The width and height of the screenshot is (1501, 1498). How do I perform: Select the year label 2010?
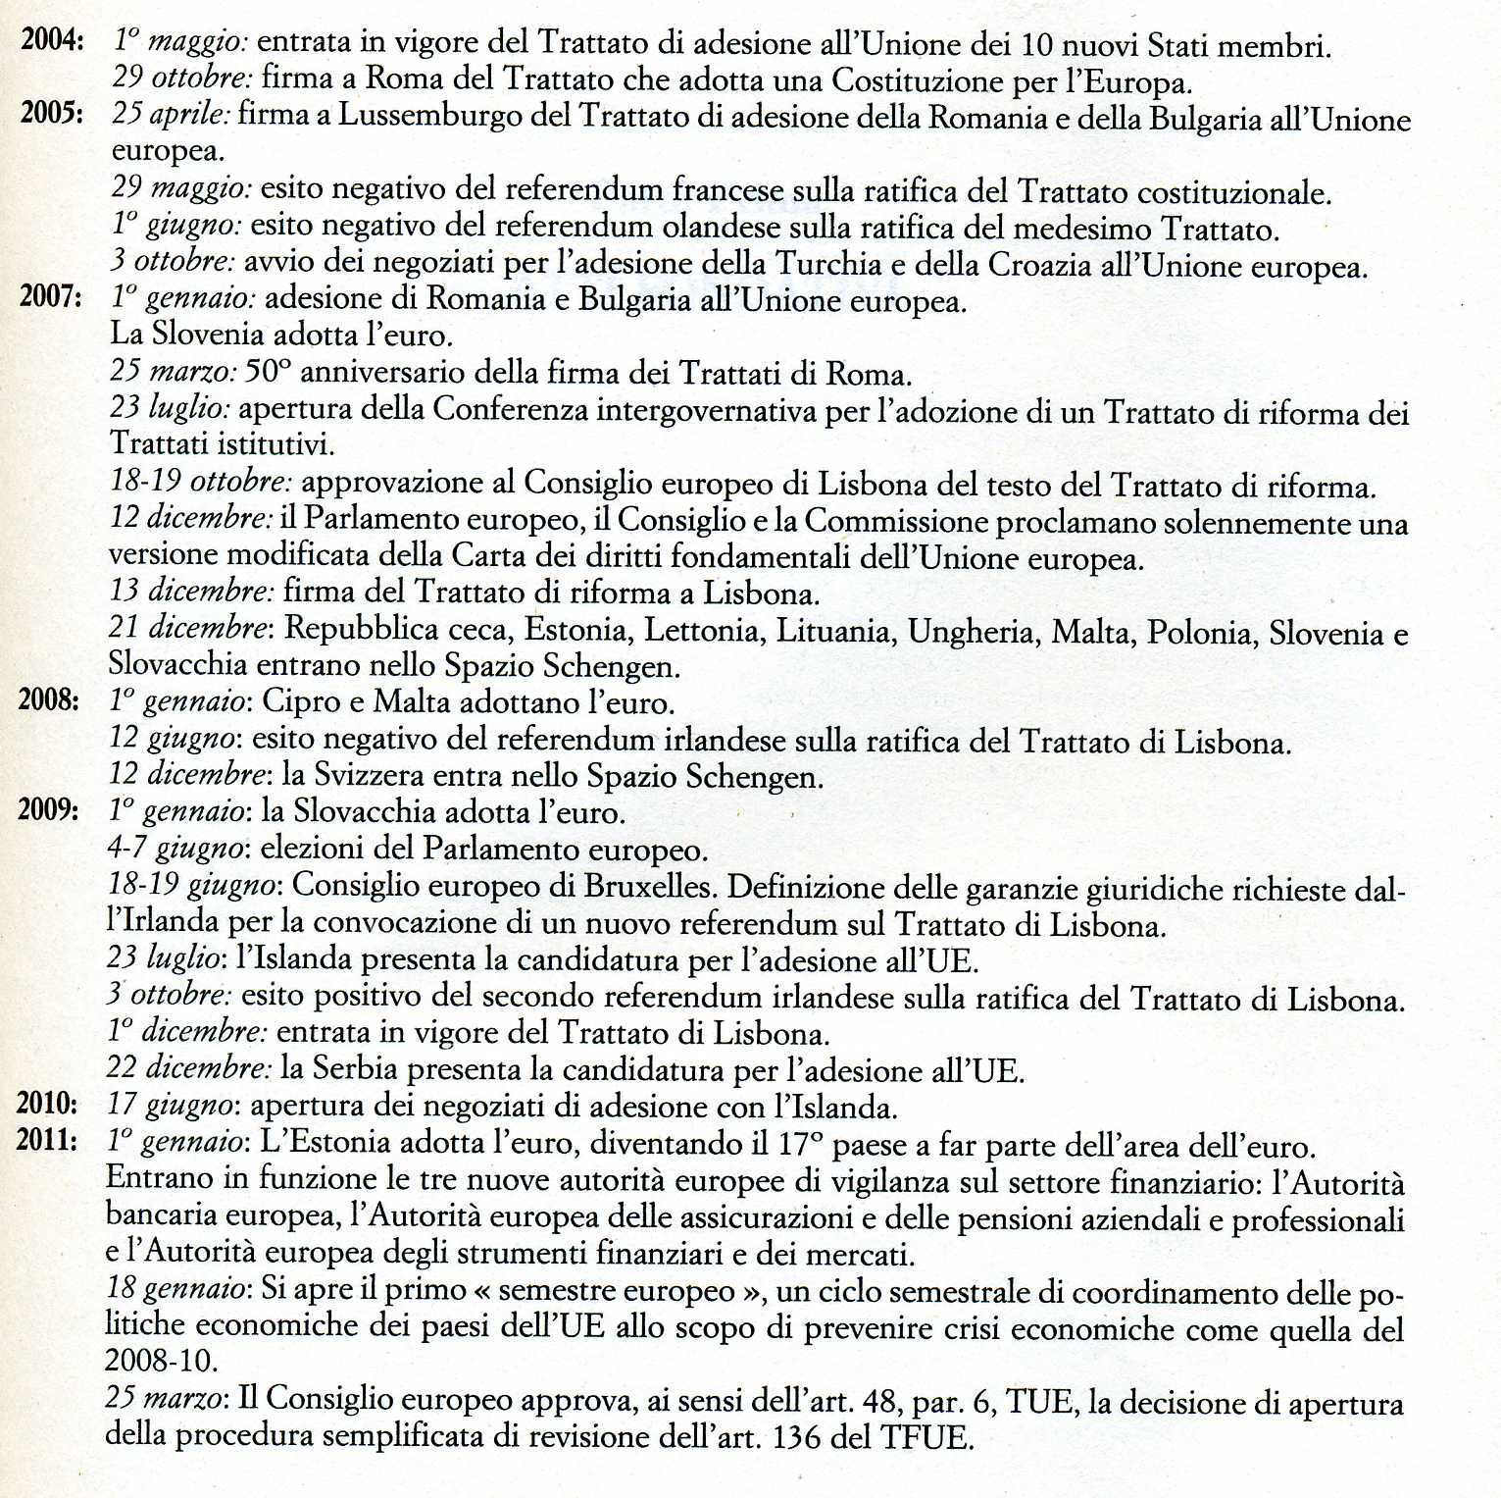coord(47,1104)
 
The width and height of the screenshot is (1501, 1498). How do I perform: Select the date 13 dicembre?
coord(190,591)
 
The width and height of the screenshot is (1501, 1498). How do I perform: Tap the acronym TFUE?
coord(925,1437)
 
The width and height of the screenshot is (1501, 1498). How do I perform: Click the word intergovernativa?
coord(706,409)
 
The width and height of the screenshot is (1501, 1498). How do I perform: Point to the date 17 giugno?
coord(171,1105)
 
